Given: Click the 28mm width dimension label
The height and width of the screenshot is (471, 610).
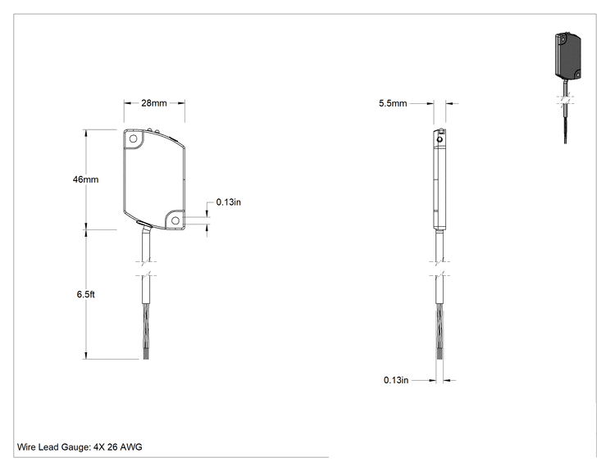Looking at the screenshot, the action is (153, 103).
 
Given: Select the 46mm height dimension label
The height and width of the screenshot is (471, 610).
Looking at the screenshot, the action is (85, 179).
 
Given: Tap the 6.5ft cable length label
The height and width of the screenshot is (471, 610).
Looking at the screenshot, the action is (85, 294).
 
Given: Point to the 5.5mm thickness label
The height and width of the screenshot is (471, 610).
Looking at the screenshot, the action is (393, 103).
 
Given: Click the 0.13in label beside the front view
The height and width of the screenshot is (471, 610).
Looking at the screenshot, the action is (229, 202).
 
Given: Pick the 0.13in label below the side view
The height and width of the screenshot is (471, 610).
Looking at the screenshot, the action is (396, 380).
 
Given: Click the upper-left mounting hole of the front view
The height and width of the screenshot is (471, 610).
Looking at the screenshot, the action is (133, 138).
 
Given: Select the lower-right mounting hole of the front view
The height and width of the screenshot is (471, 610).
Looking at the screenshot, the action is (175, 220).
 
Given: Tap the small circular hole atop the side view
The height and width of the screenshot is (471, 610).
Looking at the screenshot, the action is (439, 139).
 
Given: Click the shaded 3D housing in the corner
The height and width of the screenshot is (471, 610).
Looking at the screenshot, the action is (567, 56).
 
